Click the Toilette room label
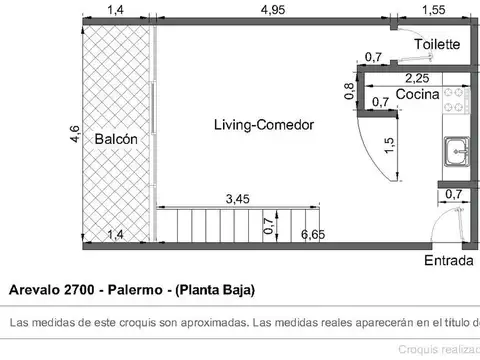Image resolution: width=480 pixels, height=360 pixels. click(438, 45)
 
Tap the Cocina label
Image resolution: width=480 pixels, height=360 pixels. click(416, 94)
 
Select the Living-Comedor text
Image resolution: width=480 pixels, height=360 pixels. click(264, 125)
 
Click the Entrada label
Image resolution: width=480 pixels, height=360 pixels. click(449, 261)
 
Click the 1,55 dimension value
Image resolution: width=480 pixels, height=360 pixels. click(433, 10)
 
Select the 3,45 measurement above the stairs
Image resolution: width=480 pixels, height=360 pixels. click(238, 199)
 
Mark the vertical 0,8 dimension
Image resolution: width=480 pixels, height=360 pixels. click(350, 91)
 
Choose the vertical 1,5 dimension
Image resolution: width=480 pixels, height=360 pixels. click(389, 148)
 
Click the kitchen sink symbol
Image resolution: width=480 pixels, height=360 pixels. click(454, 153)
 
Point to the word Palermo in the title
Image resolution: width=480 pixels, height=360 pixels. click(142, 290)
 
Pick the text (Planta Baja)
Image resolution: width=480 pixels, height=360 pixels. click(216, 290)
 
